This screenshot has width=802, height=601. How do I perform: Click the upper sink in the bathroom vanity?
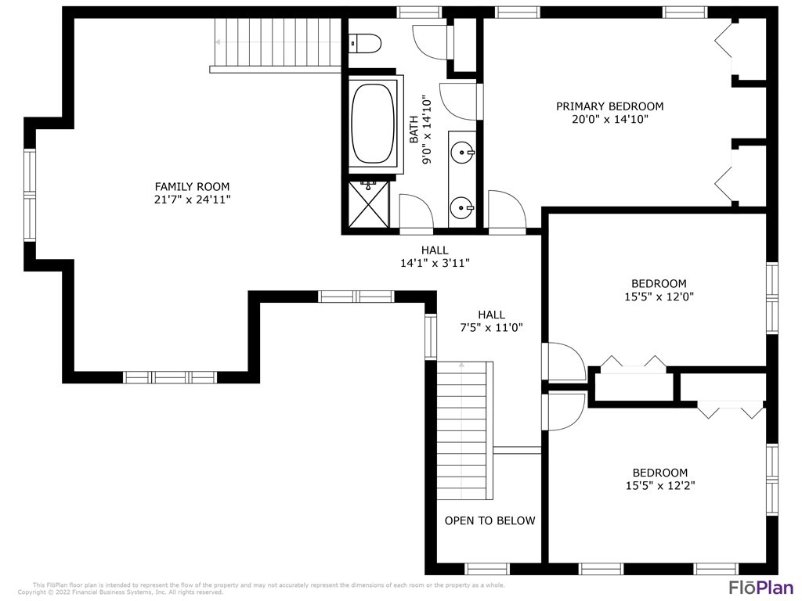click(464, 150)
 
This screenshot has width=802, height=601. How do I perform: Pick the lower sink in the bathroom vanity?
click(463, 208)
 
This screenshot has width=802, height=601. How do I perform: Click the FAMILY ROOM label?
click(192, 186)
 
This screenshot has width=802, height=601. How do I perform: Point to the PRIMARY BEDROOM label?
click(609, 106)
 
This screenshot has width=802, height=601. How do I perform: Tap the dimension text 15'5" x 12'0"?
click(659, 297)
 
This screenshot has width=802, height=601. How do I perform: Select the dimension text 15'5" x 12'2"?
click(659, 485)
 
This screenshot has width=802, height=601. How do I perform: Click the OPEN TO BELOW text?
click(490, 520)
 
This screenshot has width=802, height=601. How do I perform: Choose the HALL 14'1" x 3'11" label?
click(435, 257)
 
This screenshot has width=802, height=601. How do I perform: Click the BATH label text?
click(414, 130)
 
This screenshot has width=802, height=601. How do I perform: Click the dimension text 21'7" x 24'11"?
click(192, 200)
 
